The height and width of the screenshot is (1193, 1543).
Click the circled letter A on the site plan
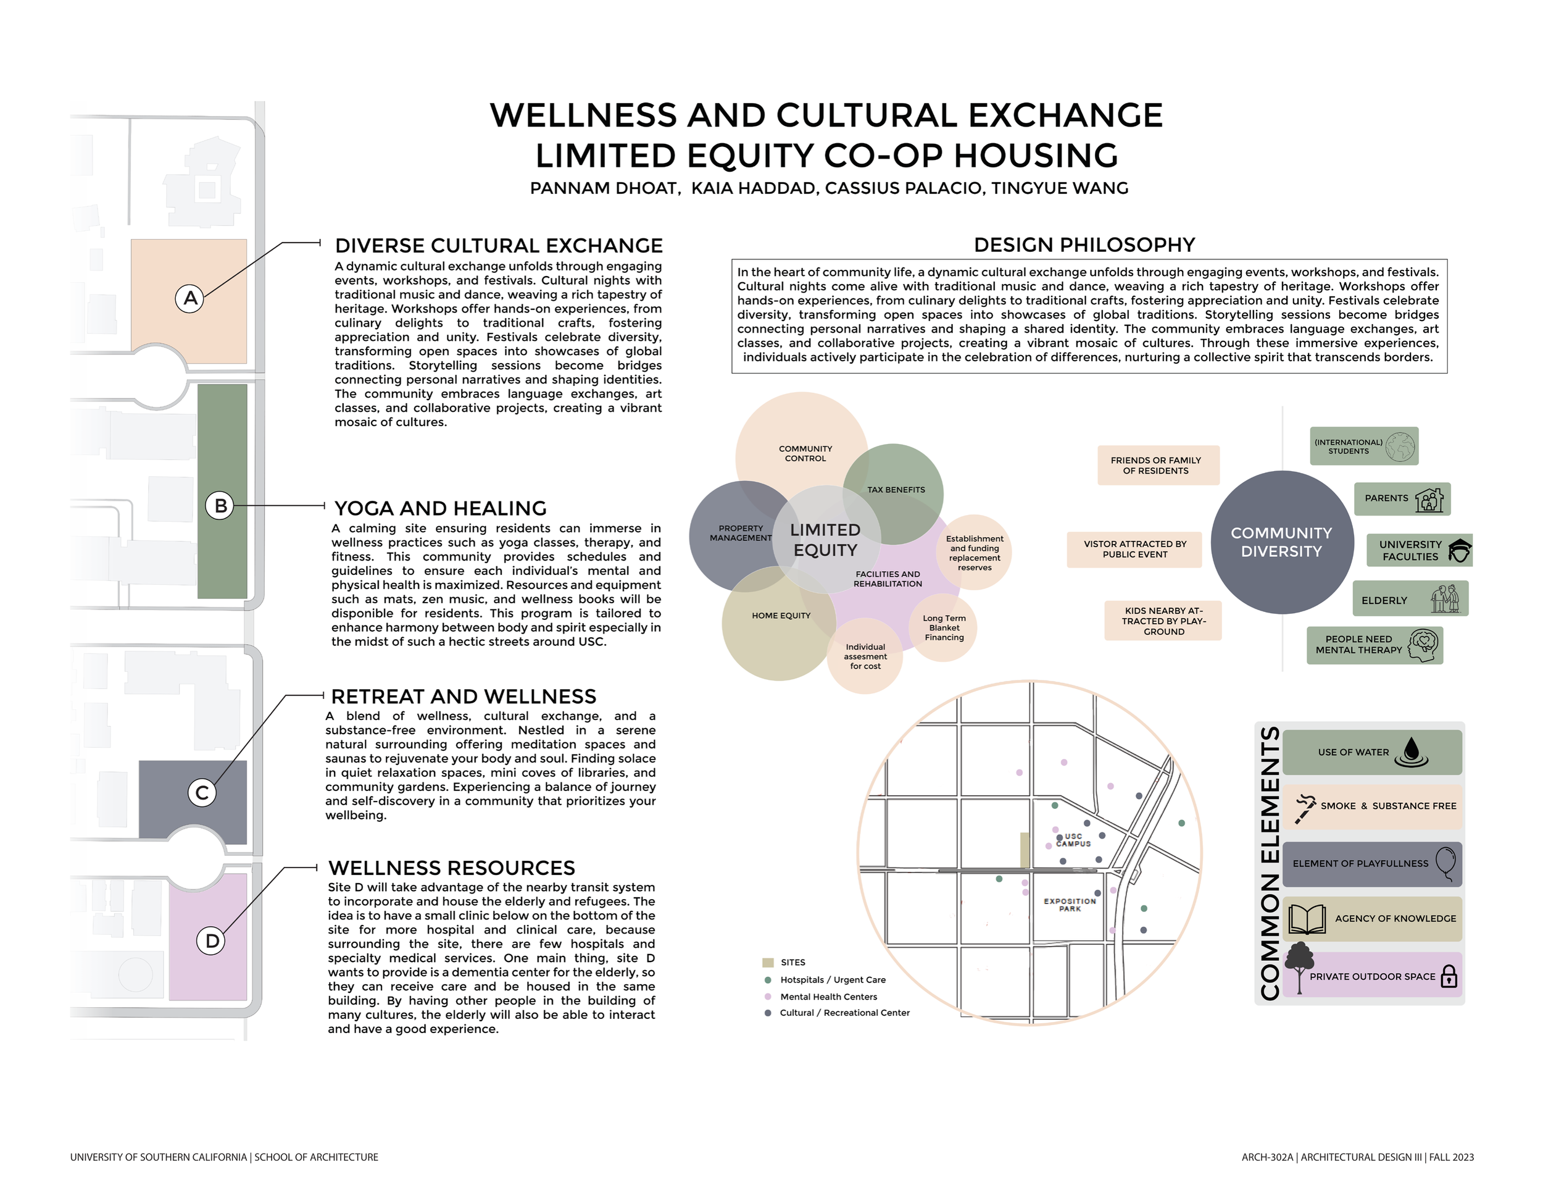tap(189, 298)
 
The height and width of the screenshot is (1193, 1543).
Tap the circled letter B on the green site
tap(220, 506)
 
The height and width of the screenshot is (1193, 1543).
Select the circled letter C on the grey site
tap(201, 793)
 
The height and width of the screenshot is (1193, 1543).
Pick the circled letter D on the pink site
tap(211, 940)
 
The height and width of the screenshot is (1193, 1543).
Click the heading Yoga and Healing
tap(440, 508)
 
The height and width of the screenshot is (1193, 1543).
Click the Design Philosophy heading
tap(1084, 245)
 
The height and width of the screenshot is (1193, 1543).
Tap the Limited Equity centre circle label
tap(825, 540)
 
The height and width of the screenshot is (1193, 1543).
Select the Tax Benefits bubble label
tap(896, 490)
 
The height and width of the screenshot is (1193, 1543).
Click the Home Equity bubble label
tap(781, 616)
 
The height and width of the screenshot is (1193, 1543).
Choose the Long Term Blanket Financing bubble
tap(944, 627)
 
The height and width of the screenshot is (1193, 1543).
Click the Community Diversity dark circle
tap(1281, 542)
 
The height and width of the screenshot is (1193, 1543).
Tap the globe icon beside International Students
tap(1400, 446)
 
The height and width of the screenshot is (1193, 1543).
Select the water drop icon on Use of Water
tap(1412, 752)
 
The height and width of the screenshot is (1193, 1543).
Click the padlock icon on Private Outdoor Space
tap(1449, 976)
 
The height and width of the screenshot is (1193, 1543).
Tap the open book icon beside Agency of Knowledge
tap(1307, 919)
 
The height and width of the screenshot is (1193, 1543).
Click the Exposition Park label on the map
tap(1070, 905)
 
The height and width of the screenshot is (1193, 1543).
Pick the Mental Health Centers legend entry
tap(828, 997)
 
